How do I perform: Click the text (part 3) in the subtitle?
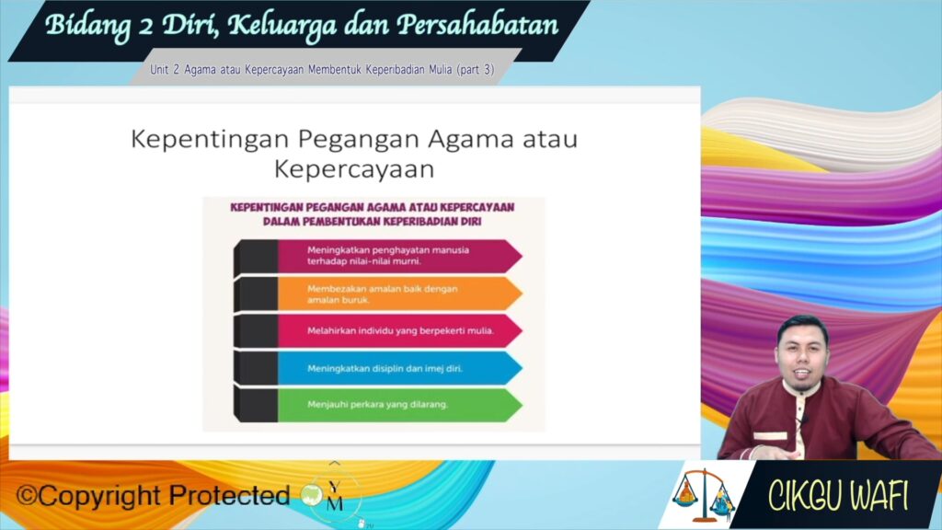click(x=476, y=70)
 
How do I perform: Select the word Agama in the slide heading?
click(x=471, y=139)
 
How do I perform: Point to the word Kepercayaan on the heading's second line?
click(x=354, y=169)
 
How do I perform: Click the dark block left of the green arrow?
click(x=256, y=405)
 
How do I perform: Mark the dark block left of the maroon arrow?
click(x=256, y=257)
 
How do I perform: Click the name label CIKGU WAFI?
click(x=838, y=496)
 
